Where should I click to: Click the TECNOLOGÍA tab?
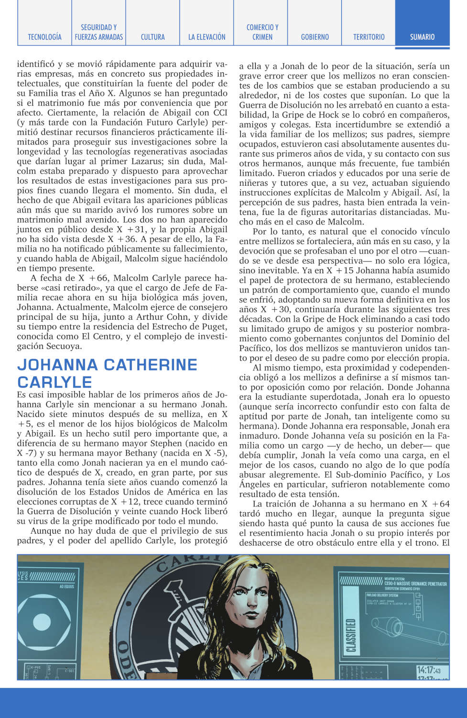[44, 37]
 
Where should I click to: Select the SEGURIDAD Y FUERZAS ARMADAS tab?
[98, 32]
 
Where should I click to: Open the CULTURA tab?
[152, 37]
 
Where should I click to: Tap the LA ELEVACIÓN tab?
[206, 37]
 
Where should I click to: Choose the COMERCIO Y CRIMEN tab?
[262, 32]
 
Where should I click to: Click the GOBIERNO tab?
[315, 37]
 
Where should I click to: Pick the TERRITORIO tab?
[369, 37]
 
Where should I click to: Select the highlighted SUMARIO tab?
[422, 37]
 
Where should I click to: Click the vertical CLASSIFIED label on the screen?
[351, 635]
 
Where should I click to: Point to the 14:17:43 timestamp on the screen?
[428, 670]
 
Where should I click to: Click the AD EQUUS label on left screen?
[66, 586]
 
